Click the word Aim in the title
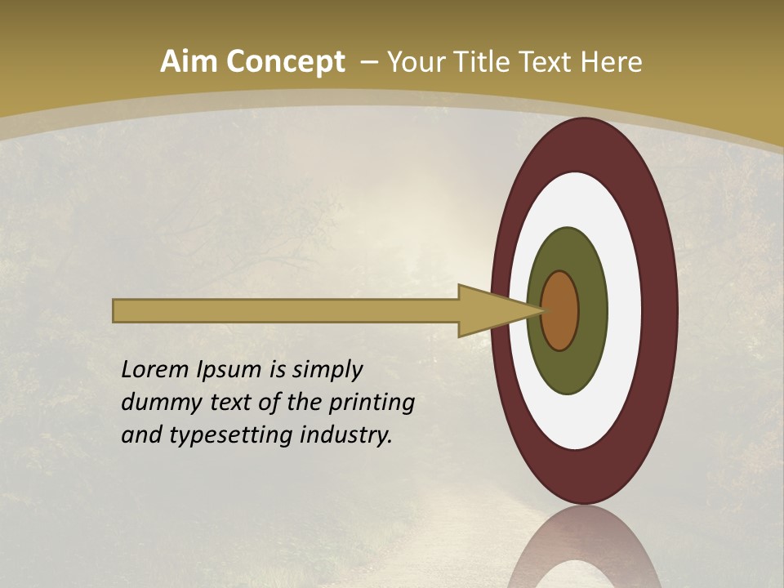[x=190, y=61]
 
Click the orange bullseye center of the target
[x=559, y=310]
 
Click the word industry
[x=346, y=436]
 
